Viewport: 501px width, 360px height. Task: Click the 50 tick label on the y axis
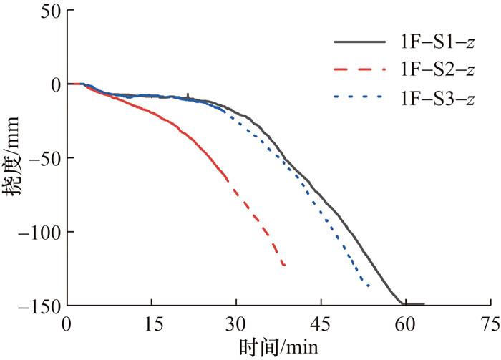pos(50,11)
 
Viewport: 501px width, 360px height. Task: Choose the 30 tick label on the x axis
pos(235,323)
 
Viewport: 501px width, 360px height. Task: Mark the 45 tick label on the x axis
pos(320,323)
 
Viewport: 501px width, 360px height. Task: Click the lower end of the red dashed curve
pos(284,266)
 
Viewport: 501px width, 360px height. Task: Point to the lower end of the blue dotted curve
pos(369,286)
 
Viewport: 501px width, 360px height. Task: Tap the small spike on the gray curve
pos(188,94)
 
